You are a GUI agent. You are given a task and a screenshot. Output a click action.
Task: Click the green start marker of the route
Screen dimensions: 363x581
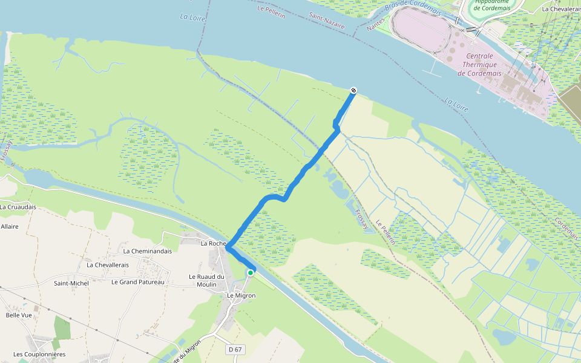click(x=250, y=273)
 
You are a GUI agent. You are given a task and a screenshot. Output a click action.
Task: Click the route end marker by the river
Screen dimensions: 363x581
click(x=353, y=91)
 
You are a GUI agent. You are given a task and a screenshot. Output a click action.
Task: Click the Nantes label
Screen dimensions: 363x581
click(x=375, y=25)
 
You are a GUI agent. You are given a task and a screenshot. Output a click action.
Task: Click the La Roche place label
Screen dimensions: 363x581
click(x=213, y=243)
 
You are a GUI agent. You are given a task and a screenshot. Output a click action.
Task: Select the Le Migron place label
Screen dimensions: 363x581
click(x=241, y=295)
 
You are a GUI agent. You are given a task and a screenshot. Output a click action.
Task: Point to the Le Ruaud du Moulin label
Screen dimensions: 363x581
click(x=206, y=281)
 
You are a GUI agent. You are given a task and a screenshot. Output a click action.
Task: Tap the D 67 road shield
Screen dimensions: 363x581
click(x=236, y=350)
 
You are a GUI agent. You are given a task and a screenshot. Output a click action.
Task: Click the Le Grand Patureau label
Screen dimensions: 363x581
click(x=138, y=282)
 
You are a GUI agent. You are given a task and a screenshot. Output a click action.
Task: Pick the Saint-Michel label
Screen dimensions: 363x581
click(x=71, y=283)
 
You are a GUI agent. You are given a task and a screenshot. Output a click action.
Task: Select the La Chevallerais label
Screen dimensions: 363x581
click(x=110, y=265)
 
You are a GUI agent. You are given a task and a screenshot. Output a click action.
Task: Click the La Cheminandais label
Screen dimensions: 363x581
click(x=148, y=251)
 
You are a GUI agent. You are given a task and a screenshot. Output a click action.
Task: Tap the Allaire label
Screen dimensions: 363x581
click(x=10, y=226)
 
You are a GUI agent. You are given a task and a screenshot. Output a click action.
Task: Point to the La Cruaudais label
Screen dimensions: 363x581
click(x=18, y=207)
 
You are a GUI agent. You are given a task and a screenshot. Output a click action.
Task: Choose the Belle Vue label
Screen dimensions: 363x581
click(x=18, y=315)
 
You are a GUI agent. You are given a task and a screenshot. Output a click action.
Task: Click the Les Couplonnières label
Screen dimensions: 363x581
click(x=39, y=354)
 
